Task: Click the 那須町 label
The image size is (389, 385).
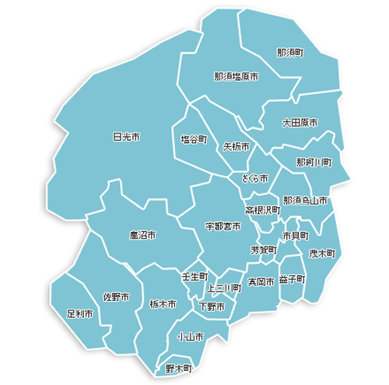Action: pos(290,53)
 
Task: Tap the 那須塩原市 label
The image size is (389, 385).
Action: pos(237,77)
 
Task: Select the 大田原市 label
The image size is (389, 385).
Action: pos(300,123)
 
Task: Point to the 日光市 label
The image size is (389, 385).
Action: pos(126,137)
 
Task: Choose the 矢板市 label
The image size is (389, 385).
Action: pos(236,146)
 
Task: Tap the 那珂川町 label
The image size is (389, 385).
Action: pos(314,163)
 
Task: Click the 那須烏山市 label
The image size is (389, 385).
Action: pos(306,200)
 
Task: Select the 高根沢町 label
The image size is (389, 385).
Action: pos(263,211)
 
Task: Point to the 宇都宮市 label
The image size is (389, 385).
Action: pos(223,226)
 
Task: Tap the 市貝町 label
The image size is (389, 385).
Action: pos(296,235)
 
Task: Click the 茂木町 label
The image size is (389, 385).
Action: pos(321,254)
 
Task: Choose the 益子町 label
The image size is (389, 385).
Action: pos(293,279)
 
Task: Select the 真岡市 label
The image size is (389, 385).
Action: pos(261,282)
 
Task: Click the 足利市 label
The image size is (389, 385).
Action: pos(80,314)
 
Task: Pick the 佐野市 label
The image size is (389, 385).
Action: pos(117,298)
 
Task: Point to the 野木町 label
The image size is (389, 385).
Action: pos(178,367)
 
